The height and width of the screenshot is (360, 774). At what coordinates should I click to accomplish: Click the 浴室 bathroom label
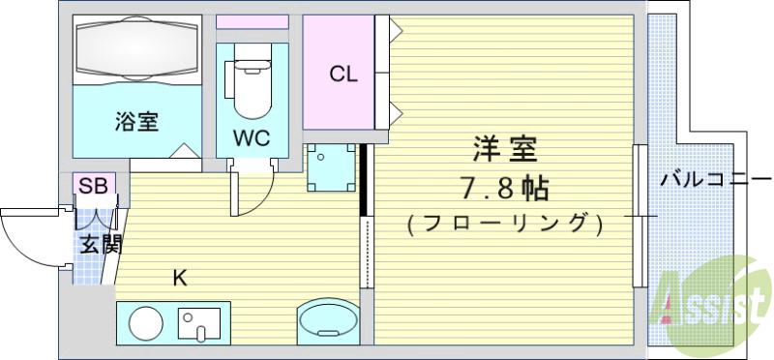pos(136,123)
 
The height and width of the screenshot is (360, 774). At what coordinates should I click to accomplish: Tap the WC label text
pos(251,137)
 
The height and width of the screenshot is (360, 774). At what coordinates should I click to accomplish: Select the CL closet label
pos(343,74)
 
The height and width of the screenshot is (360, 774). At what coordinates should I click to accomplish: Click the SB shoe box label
pos(93,186)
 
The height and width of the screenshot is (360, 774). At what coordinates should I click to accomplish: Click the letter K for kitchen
pos(179,280)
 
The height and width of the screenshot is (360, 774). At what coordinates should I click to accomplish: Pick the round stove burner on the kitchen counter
pos(146,321)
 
